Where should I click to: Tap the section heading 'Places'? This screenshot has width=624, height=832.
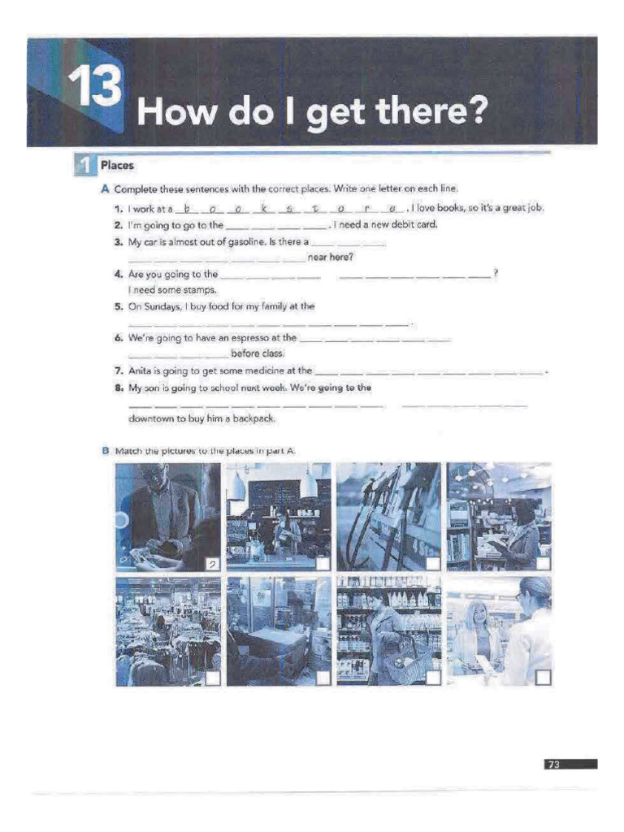point(117,166)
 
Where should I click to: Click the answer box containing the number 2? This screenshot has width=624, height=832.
point(212,563)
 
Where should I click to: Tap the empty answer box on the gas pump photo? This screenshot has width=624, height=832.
point(433,563)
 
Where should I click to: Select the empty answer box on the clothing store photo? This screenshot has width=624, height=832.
point(212,678)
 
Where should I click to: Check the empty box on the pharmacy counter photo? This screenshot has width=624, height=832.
point(543,677)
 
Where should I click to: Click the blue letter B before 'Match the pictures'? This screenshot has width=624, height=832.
point(105,450)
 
